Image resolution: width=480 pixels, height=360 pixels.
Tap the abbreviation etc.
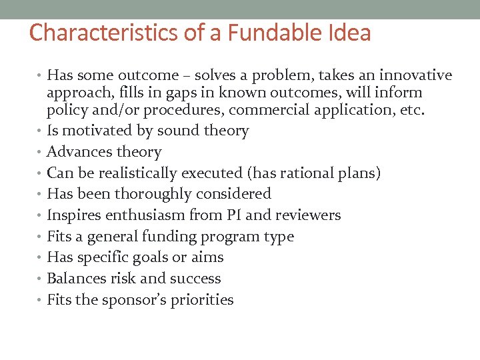(x=411, y=110)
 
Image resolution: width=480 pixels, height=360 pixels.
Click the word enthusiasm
(x=141, y=215)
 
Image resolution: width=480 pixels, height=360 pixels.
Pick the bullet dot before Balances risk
(x=41, y=279)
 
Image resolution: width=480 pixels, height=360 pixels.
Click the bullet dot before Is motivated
(x=41, y=131)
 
